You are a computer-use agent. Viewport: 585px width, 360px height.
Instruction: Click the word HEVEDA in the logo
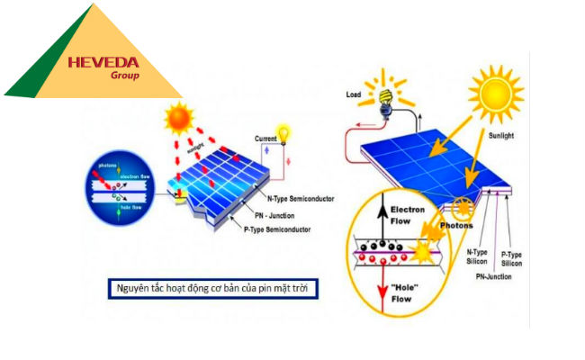coord(102,63)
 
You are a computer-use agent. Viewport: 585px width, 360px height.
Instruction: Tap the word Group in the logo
coord(124,76)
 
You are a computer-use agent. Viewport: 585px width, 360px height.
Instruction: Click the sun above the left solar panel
coord(179,117)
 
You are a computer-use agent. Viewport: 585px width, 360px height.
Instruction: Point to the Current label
coord(266,139)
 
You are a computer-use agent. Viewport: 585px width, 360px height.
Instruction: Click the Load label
coord(354,94)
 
